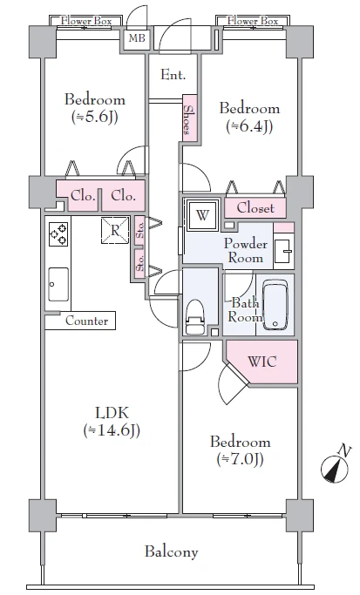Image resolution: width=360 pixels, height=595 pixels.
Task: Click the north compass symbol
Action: click(335, 468)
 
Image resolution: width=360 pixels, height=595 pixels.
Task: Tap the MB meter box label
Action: click(137, 38)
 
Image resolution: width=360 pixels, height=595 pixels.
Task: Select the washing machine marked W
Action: click(202, 215)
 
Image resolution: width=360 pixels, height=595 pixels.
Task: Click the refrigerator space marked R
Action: click(115, 230)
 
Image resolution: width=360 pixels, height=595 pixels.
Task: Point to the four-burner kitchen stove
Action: click(58, 234)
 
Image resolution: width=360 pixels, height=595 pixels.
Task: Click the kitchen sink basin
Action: click(58, 284)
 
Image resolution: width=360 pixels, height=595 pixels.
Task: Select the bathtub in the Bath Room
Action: click(275, 304)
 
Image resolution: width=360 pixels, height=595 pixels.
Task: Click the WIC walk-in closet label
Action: click(262, 362)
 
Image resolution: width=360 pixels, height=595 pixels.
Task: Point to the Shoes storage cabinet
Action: click(189, 118)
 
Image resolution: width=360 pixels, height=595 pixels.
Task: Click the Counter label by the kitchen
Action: click(86, 321)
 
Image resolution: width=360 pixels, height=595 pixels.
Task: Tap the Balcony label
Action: click(171, 551)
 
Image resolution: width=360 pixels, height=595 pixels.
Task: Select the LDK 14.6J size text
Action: click(112, 430)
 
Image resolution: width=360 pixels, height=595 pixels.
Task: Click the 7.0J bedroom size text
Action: click(240, 459)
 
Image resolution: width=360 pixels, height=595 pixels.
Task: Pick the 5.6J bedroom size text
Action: click(94, 117)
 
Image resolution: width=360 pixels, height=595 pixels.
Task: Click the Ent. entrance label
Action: click(173, 75)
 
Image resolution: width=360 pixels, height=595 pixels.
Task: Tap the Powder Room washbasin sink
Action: click(283, 251)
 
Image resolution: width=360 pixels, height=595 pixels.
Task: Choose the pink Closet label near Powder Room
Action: click(255, 207)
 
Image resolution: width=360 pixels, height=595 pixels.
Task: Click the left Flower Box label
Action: click(86, 21)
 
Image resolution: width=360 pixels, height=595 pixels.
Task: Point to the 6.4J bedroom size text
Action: click(249, 126)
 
